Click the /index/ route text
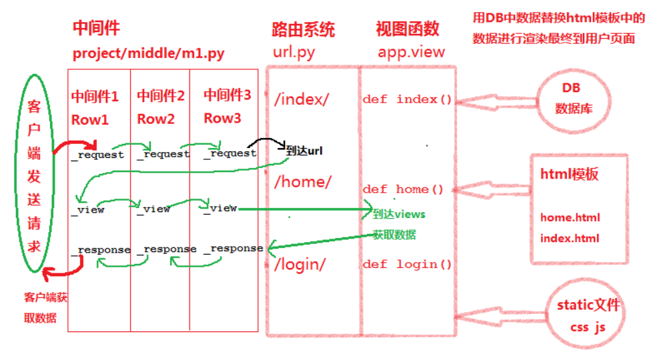pyautogui.click(x=301, y=99)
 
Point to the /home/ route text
pyautogui.click(x=302, y=181)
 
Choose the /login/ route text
pyautogui.click(x=299, y=264)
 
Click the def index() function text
pyautogui.click(x=407, y=100)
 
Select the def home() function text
pyautogui.click(x=403, y=189)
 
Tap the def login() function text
pyautogui.click(x=407, y=265)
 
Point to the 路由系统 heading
pyautogui.click(x=303, y=29)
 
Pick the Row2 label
pyautogui.click(x=155, y=119)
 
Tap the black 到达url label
pyautogui.click(x=304, y=151)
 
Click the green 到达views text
pyautogui.click(x=398, y=214)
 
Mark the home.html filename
pyautogui.click(x=570, y=217)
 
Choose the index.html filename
pyautogui.click(x=570, y=238)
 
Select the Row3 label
pyautogui.click(x=222, y=119)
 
